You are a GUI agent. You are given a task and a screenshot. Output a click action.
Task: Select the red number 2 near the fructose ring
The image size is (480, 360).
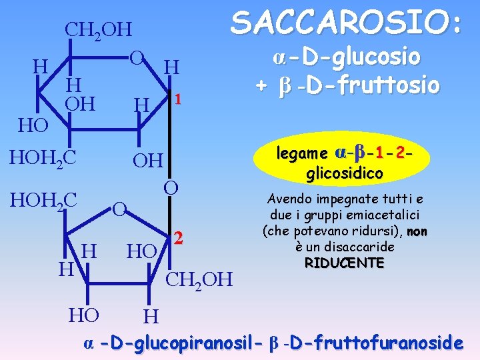click(x=178, y=237)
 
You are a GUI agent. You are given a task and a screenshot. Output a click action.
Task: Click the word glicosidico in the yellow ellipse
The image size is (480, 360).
click(x=345, y=174)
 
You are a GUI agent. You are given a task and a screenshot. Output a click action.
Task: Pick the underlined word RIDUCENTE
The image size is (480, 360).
click(x=344, y=263)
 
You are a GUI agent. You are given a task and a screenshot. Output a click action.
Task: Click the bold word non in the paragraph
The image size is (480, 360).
click(x=417, y=231)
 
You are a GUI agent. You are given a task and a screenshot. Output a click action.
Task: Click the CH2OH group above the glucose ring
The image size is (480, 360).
click(x=99, y=30)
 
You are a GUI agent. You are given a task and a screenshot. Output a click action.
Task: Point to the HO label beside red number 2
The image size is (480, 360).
click(x=142, y=251)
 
